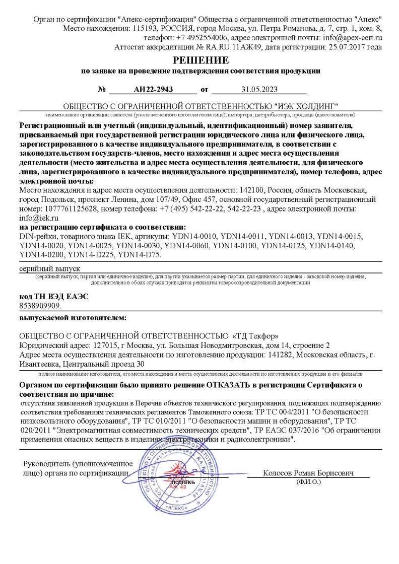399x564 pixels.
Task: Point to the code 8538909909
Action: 40,305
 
